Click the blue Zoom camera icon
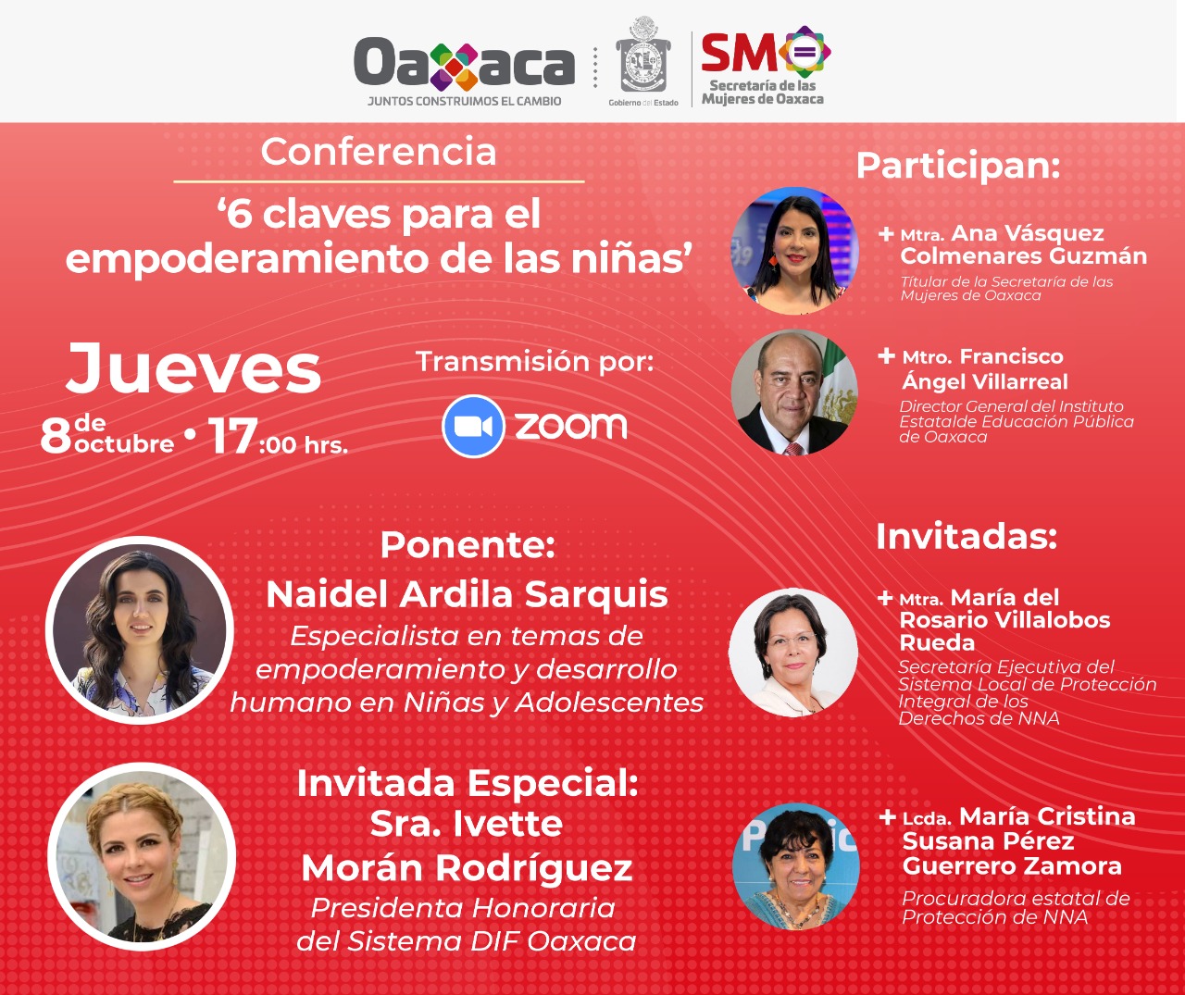pyautogui.click(x=473, y=427)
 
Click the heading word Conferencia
pyautogui.click(x=379, y=152)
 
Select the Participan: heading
pyautogui.click(x=958, y=167)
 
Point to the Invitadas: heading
pyautogui.click(x=967, y=536)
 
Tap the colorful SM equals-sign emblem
pyautogui.click(x=805, y=52)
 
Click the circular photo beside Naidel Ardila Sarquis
pyautogui.click(x=140, y=630)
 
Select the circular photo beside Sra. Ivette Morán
pyautogui.click(x=141, y=856)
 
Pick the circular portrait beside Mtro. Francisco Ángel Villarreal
pyautogui.click(x=794, y=392)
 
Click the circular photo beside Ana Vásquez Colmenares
pyautogui.click(x=794, y=250)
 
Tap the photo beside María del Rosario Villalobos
pyautogui.click(x=792, y=653)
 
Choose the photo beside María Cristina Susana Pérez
pyautogui.click(x=795, y=866)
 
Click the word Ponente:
pyautogui.click(x=468, y=545)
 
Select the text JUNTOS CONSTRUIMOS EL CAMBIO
pyautogui.click(x=464, y=102)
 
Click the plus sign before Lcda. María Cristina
pyautogui.click(x=888, y=817)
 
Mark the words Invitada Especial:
pyautogui.click(x=468, y=783)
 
